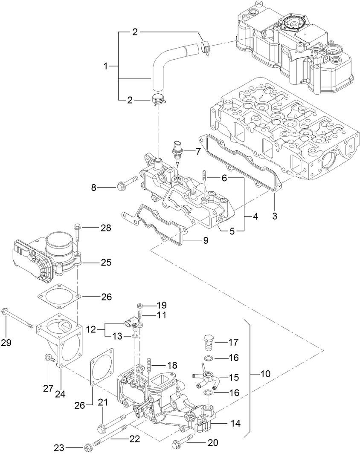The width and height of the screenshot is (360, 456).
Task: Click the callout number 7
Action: point(197,151)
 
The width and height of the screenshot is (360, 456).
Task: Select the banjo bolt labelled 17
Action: point(208,341)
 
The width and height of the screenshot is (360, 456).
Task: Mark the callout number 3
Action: point(275,216)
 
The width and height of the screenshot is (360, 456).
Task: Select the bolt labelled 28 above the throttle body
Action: point(77,231)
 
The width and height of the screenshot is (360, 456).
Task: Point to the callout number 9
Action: point(205,240)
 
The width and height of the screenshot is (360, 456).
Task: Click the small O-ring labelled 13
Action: point(134,336)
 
